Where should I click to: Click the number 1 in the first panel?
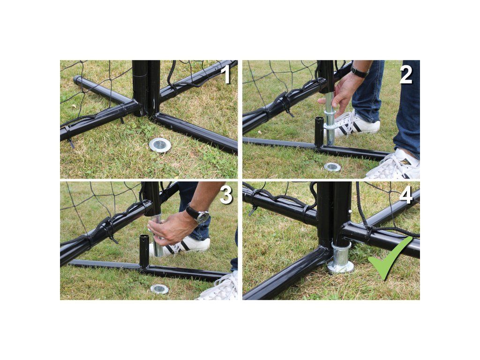point(226,75)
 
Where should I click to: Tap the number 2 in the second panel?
point(406,75)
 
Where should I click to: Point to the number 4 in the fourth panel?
point(406,195)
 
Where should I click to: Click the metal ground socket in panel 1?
point(160,144)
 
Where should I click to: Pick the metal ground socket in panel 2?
point(332,167)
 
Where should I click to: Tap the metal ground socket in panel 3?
point(159,289)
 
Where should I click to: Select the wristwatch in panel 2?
point(360,72)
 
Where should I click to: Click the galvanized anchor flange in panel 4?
point(340,258)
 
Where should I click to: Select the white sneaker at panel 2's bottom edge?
point(395,165)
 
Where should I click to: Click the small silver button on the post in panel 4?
point(349,211)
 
